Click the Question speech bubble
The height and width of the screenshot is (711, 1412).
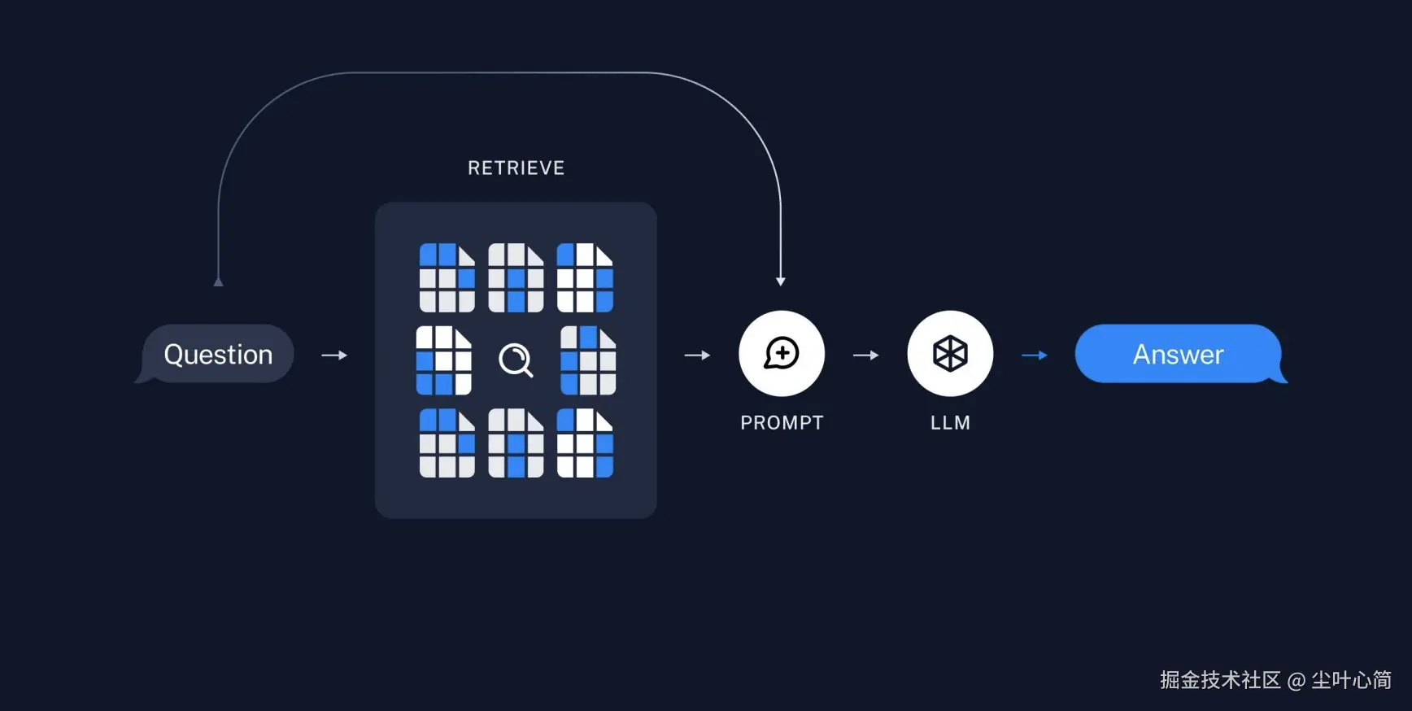coord(217,354)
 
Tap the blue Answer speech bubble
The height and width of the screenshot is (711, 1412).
coord(1178,354)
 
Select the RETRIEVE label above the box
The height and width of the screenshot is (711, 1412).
coord(516,168)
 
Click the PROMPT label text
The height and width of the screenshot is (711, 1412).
coord(782,423)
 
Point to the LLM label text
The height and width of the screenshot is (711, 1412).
coord(950,423)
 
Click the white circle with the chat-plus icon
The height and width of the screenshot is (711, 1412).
coord(782,354)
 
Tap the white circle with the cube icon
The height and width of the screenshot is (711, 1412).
coord(950,354)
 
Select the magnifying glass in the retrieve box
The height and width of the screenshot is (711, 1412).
coord(516,360)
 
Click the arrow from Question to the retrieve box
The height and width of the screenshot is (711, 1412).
coord(334,355)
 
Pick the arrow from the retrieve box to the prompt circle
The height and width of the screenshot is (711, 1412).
coord(697,355)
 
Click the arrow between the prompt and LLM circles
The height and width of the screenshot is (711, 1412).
coord(865,355)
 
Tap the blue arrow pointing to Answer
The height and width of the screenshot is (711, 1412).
coord(1034,355)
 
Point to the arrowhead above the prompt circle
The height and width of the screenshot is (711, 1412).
coord(780,281)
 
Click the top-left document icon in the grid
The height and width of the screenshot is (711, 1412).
coord(447,277)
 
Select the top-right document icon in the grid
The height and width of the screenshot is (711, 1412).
coord(585,277)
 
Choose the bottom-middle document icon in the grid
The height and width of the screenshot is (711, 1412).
coord(516,443)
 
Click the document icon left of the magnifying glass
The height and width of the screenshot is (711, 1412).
coord(443,360)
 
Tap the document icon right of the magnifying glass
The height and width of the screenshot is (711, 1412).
coord(588,360)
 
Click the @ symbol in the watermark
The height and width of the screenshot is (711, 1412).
coord(1297,681)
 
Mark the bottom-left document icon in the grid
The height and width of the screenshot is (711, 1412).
coord(447,443)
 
